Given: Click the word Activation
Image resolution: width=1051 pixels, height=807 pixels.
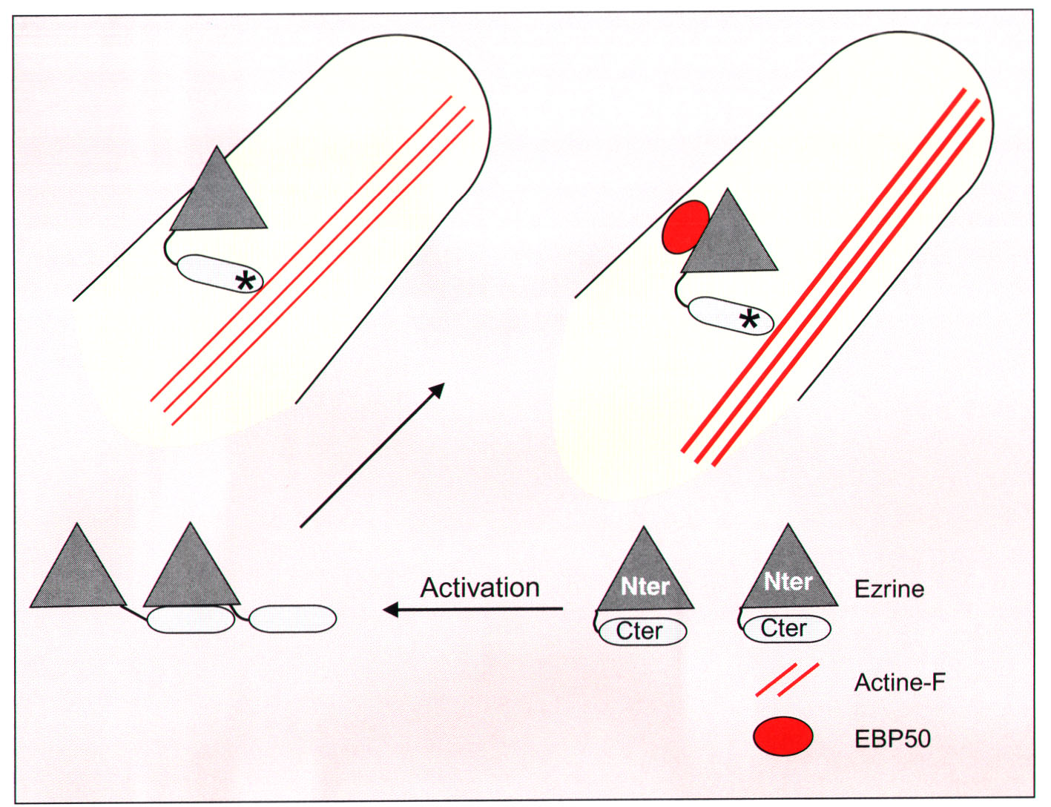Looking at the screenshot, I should click(480, 587).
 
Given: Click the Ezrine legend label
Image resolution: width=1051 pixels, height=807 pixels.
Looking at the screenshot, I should click(889, 590).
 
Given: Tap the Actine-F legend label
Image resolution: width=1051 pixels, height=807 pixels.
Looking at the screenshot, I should click(900, 682).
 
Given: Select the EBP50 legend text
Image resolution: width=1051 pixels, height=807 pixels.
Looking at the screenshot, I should click(892, 739).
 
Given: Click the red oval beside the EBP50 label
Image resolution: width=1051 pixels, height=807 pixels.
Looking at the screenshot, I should click(783, 737).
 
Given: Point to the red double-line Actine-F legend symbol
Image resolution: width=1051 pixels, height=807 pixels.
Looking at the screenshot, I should click(787, 679).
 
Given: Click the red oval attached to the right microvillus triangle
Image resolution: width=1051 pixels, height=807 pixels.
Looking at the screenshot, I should click(685, 228).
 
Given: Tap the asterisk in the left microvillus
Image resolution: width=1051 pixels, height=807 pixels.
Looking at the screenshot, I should click(245, 282).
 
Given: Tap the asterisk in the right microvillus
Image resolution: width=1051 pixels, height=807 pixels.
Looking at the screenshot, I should click(749, 320).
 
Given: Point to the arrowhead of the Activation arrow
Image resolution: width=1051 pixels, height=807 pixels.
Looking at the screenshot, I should click(390, 610).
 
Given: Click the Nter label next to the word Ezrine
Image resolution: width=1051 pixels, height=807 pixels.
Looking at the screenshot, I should click(788, 582).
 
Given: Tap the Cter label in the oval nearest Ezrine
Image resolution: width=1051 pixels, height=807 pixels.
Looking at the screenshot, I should click(784, 628).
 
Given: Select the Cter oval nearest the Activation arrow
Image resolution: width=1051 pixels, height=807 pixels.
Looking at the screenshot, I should click(642, 631).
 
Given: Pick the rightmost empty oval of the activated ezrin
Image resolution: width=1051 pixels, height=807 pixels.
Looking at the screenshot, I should click(292, 619).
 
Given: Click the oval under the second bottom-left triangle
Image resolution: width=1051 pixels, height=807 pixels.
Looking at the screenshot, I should click(191, 619).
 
